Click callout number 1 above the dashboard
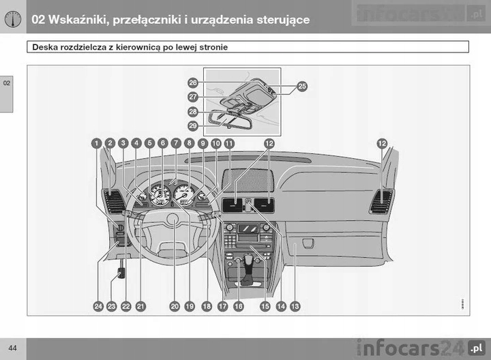click(97, 143)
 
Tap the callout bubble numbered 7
click(175, 143)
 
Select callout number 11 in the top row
click(229, 143)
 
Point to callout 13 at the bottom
click(295, 307)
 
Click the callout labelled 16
click(238, 307)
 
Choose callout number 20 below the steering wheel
click(175, 307)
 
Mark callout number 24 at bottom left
click(98, 307)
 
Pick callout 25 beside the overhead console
click(302, 87)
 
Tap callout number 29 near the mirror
click(193, 125)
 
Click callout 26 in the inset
click(193, 82)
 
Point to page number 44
click(13, 348)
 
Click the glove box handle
click(308, 243)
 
